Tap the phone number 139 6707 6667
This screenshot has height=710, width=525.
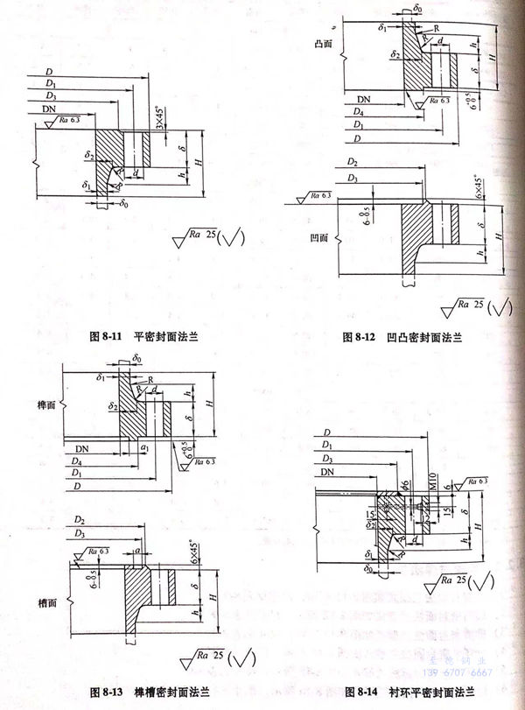pos(459,672)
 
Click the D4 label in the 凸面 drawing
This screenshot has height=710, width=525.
pos(353,113)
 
